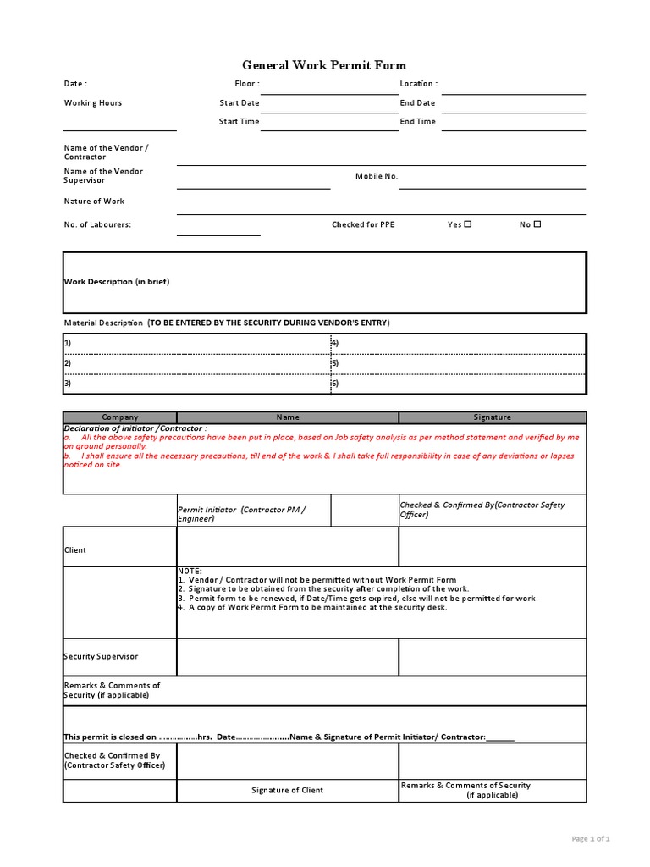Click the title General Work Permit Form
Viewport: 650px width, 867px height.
(324, 65)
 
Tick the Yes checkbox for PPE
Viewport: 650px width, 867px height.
(467, 224)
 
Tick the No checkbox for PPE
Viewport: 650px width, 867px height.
(537, 224)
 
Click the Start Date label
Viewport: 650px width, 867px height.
(240, 103)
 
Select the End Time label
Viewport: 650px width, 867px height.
(418, 122)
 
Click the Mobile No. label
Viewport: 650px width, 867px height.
(377, 176)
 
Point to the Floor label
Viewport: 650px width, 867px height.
(246, 84)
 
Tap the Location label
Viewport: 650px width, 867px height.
(418, 84)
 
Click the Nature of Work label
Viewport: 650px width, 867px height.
(94, 202)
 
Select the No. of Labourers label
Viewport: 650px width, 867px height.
(97, 225)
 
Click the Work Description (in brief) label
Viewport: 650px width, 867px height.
(118, 282)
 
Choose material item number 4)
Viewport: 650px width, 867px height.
(335, 344)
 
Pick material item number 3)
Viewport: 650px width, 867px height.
(68, 383)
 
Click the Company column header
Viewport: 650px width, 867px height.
(119, 417)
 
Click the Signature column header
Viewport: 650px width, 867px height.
(492, 417)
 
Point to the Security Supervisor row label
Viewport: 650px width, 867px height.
(101, 657)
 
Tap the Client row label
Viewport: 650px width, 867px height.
(75, 550)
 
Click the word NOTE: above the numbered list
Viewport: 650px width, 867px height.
(190, 572)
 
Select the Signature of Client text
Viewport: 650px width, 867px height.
(287, 791)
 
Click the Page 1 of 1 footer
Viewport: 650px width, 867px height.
(591, 839)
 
